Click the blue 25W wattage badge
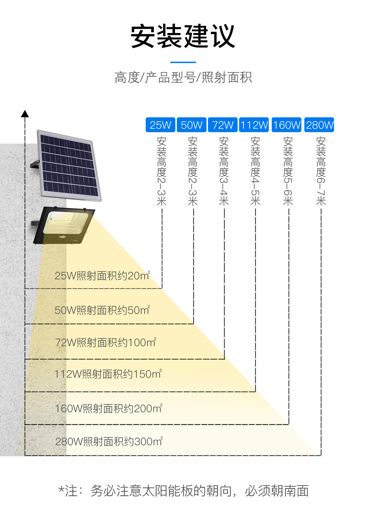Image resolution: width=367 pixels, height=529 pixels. point(161,125)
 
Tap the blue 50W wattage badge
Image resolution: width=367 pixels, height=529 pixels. point(192,125)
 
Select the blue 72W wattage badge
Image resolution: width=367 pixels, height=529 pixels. point(223,125)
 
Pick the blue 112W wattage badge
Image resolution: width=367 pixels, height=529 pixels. point(254,125)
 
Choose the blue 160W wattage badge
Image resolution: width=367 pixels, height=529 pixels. point(287,125)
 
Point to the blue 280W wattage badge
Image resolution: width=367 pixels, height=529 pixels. point(320,125)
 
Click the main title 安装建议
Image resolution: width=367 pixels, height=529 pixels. point(183,36)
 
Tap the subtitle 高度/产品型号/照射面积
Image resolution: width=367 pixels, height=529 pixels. point(183,78)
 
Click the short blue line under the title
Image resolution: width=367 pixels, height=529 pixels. point(183,62)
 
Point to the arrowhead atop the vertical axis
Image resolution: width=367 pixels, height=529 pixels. point(25,114)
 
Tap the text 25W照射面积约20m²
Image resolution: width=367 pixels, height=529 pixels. point(102,276)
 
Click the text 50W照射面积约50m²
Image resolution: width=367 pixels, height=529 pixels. point(102,310)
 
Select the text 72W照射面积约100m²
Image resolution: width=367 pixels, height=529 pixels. point(105,342)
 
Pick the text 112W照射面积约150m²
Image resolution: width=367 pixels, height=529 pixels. point(108,374)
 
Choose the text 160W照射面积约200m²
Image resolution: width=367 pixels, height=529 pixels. point(109,408)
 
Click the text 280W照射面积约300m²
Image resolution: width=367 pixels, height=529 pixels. point(109,441)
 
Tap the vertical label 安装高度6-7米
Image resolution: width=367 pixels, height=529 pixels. point(321,171)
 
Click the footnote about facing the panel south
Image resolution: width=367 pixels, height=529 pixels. point(183,491)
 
